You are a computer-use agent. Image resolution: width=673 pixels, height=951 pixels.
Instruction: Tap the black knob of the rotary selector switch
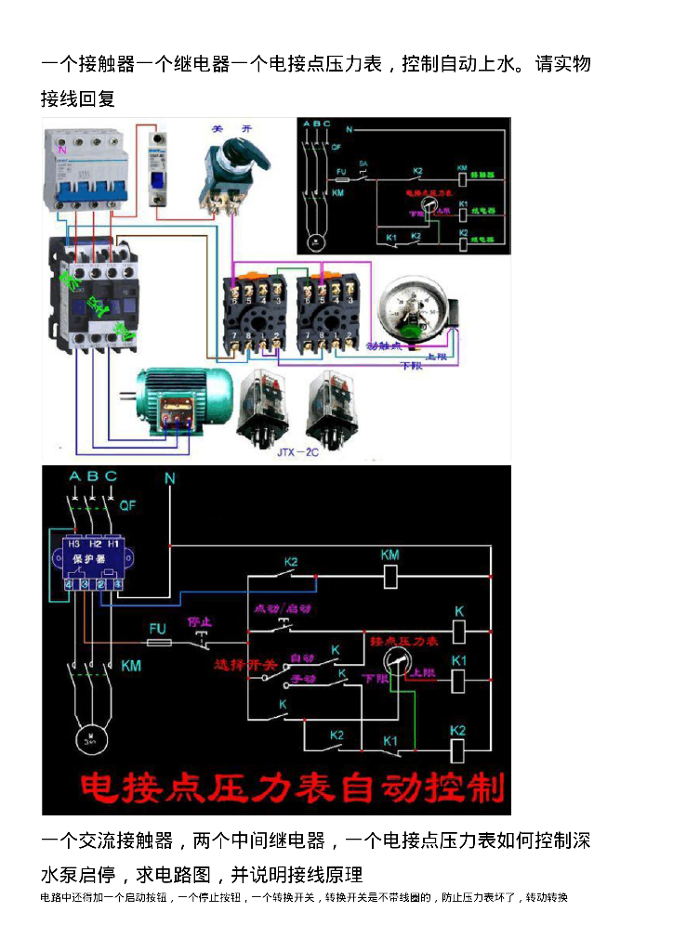pos(231,158)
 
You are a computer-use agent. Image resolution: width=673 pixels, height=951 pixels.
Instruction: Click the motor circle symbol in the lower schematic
pos(90,739)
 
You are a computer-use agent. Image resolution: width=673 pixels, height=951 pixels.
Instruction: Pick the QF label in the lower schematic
pos(128,505)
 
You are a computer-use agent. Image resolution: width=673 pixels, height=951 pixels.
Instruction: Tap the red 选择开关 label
pos(245,665)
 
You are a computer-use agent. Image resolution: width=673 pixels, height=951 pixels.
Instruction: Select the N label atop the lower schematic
pos(169,478)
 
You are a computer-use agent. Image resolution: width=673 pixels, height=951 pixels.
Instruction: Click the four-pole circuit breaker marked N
pos(84,170)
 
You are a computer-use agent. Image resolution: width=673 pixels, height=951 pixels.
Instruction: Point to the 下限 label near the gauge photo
pos(410,365)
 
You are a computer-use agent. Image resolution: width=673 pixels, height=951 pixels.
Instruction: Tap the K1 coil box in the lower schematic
pos(457,678)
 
